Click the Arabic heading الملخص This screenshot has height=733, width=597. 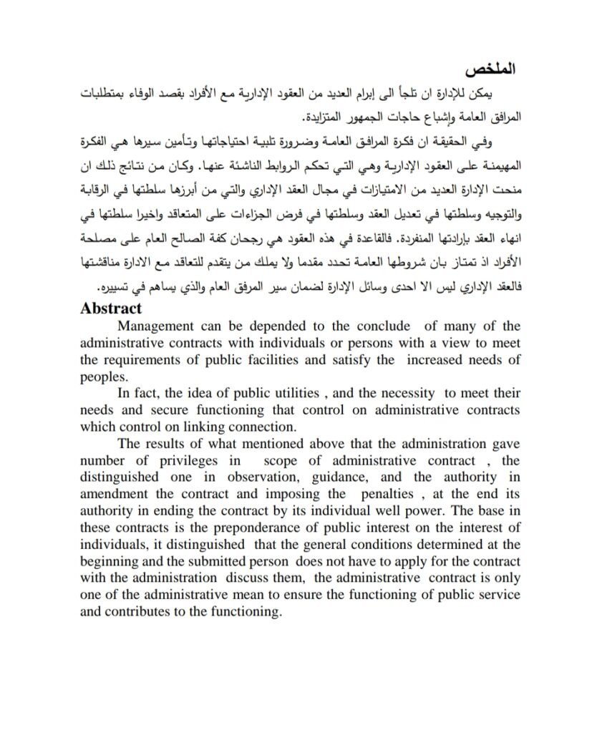click(487, 71)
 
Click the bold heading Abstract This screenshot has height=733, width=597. click(112, 309)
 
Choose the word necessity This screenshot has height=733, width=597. click(400, 392)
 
